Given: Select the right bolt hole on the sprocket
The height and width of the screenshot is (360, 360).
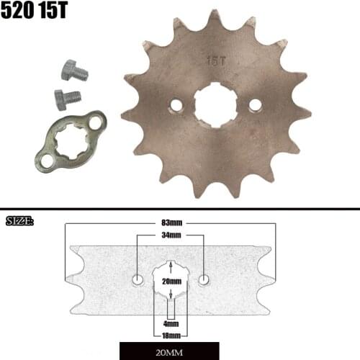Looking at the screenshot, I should [254, 105].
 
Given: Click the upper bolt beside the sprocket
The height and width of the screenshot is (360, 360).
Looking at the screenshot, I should [72, 71].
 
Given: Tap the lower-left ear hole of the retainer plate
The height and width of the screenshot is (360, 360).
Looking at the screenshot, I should [47, 161].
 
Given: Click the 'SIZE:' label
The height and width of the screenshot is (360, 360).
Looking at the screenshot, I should [19, 221].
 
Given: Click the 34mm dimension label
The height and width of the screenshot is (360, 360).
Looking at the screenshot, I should [171, 235].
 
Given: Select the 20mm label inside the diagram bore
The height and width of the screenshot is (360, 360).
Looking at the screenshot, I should [171, 282].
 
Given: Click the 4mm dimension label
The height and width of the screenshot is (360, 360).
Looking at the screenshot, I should [171, 324].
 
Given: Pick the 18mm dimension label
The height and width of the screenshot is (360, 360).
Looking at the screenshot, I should [171, 335].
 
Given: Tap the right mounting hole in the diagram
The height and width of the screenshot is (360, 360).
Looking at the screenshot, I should [204, 279].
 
